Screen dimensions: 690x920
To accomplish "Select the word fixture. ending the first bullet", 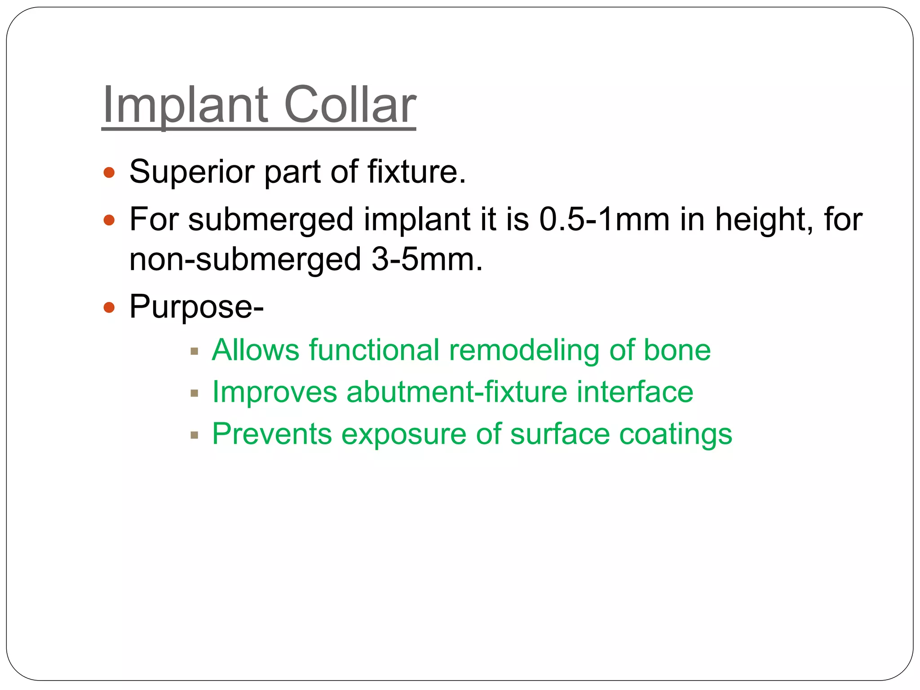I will (x=416, y=172).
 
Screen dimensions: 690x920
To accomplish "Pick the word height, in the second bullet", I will (x=764, y=219).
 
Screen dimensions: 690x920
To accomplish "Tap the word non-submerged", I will (x=245, y=260).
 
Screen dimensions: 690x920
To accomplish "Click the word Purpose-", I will (x=196, y=307).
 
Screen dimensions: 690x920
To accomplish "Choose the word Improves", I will (x=274, y=392).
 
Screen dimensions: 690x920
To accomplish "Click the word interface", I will (x=635, y=392).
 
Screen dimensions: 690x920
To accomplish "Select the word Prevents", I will (x=272, y=434).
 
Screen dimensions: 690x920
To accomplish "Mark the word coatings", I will (x=676, y=434).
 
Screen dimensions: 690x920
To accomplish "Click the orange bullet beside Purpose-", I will (x=109, y=308).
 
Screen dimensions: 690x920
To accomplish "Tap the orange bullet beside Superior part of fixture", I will (x=109, y=172).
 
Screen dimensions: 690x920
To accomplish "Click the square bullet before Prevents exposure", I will (x=194, y=435).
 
